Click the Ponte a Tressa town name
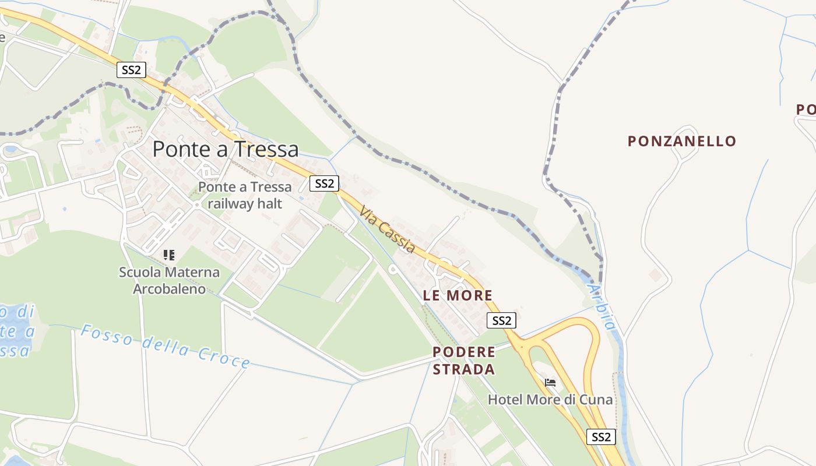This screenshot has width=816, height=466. (226, 150)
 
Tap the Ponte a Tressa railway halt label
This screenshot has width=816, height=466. (245, 195)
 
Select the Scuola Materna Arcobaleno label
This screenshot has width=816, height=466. (170, 280)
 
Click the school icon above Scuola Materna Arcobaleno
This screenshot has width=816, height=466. (169, 255)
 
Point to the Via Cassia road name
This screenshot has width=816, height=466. (388, 229)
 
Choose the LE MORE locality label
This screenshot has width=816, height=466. (458, 295)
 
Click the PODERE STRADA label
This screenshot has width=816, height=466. (464, 361)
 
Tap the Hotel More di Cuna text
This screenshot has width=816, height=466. (550, 400)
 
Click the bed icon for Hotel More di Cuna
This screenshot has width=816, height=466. (550, 383)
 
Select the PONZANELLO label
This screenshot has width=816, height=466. (682, 141)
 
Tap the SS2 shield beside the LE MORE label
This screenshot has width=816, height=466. (501, 320)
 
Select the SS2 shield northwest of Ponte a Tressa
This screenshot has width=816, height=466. (131, 70)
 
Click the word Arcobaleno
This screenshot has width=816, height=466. (170, 289)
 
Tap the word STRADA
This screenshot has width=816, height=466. (464, 369)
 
